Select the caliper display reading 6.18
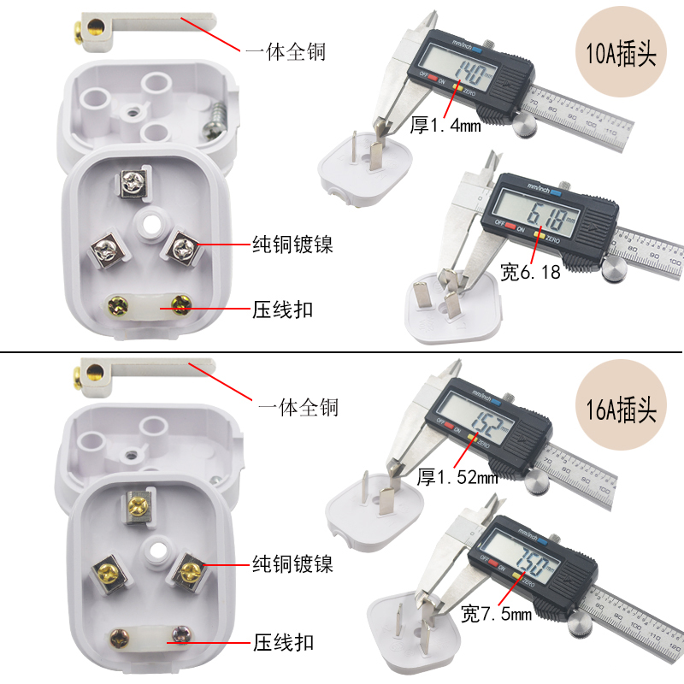539,211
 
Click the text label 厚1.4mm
445,126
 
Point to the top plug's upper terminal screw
133,181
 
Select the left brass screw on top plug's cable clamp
115,304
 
